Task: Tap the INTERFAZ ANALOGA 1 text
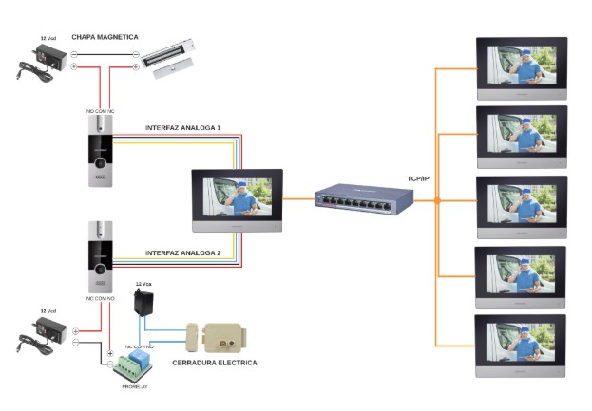pyautogui.click(x=182, y=127)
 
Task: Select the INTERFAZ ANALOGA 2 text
pyautogui.click(x=182, y=253)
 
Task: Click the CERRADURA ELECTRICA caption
pyautogui.click(x=214, y=362)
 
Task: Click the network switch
pyautogui.click(x=366, y=200)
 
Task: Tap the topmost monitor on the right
pyautogui.click(x=521, y=67)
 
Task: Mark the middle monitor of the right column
pyautogui.click(x=521, y=206)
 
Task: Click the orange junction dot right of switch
pyautogui.click(x=437, y=200)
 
